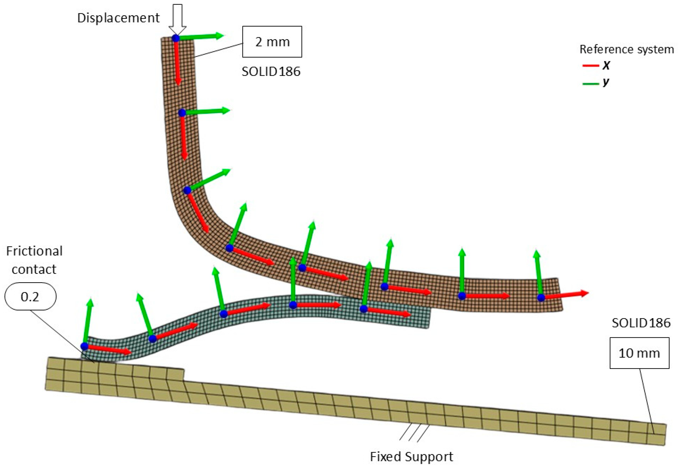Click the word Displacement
[x=118, y=18]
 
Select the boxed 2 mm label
[x=272, y=42]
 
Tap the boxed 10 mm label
[x=639, y=353]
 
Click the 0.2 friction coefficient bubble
[x=30, y=297]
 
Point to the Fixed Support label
[x=411, y=457]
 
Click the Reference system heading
[x=626, y=49]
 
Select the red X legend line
[x=590, y=66]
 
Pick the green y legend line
[x=590, y=84]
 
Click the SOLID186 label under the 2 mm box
[x=271, y=72]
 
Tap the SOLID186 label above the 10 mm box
[x=641, y=323]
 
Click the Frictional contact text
[x=34, y=260]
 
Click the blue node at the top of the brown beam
[x=176, y=38]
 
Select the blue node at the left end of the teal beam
[x=84, y=346]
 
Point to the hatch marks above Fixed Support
[x=414, y=433]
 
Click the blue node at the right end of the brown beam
[x=541, y=298]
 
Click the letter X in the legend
[x=606, y=66]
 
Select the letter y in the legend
[x=606, y=82]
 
